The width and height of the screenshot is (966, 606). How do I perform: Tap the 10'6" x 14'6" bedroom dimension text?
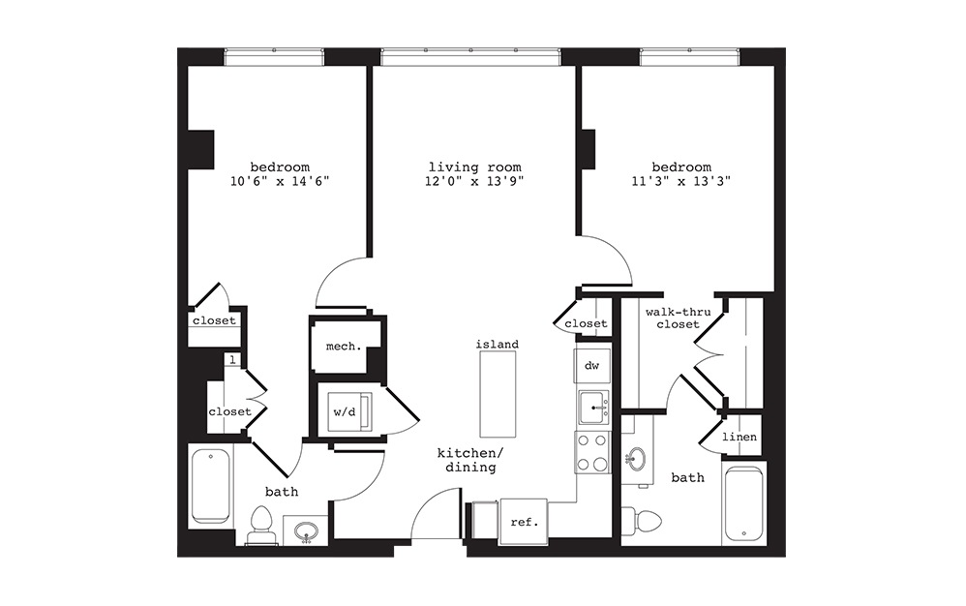tap(280, 181)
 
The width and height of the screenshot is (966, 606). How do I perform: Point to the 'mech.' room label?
tap(343, 346)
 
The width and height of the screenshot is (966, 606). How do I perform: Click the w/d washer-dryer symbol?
tap(345, 411)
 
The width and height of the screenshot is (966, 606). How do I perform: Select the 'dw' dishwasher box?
tap(592, 365)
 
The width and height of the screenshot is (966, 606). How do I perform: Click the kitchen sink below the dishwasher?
tap(593, 409)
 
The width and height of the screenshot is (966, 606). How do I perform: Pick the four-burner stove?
tap(592, 452)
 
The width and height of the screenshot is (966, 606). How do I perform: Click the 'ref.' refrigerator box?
tap(523, 522)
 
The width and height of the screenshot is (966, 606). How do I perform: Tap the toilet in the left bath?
tap(259, 527)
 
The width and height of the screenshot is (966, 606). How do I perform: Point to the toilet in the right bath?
tap(642, 520)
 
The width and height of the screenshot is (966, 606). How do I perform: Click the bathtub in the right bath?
tap(742, 503)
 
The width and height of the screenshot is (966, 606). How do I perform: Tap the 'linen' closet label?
tap(740, 439)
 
